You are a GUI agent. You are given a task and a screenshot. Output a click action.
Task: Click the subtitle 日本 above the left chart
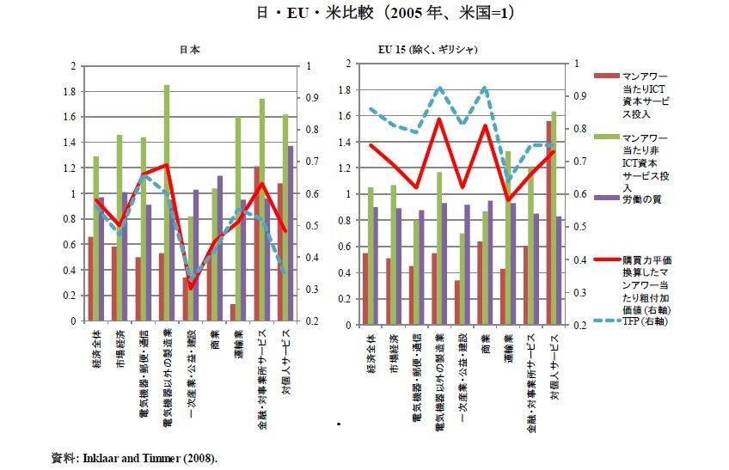tap(190, 50)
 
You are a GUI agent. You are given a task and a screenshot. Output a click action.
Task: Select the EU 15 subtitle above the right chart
tap(427, 50)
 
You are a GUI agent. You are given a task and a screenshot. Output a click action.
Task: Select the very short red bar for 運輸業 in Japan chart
tap(233, 313)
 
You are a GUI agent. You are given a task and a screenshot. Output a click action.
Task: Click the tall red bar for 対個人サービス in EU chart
tap(548, 223)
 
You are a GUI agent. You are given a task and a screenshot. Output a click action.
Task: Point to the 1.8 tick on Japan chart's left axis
tap(73, 91)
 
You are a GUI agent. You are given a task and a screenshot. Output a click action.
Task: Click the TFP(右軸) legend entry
tap(646, 321)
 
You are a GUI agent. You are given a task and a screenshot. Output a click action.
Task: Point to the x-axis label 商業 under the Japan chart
tap(212, 340)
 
